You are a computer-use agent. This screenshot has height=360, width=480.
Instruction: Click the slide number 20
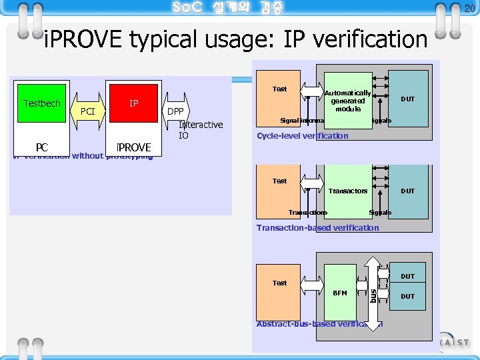pos(469,8)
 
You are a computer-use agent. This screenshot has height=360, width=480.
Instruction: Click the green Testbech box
pos(41,103)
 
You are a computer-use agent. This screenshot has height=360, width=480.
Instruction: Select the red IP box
pos(134,103)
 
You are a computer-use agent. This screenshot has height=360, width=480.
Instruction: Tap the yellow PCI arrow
pos(87,111)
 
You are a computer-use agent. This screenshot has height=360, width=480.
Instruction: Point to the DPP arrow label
pos(175,111)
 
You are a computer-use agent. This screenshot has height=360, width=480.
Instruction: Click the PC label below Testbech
pos(41,147)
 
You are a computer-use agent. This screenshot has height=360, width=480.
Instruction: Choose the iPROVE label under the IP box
pos(133,147)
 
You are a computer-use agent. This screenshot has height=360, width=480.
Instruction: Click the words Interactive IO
pos(201,130)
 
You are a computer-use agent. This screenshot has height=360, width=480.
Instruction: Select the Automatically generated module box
pos(347,101)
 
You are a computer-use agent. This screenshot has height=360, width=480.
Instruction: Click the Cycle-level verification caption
pos(302,136)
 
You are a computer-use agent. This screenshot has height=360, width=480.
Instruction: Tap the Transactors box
pos(347,191)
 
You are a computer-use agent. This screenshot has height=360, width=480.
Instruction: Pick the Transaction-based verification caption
pos(317,228)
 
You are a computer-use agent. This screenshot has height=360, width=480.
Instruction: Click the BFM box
pos(339,293)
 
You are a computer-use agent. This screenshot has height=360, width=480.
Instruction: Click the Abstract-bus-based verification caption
pos(319,325)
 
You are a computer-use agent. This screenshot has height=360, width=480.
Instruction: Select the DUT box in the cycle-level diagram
pos(407,99)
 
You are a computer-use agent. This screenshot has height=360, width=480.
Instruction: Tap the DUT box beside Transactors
pos(407,191)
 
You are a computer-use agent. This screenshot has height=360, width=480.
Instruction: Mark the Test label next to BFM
pos(279,283)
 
